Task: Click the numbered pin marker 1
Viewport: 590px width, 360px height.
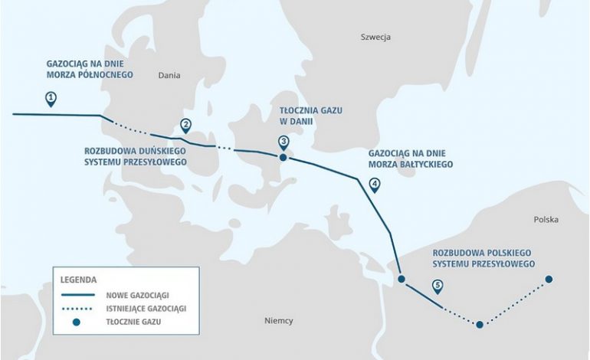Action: click(x=51, y=98)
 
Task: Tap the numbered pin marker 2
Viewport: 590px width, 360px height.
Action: click(x=185, y=126)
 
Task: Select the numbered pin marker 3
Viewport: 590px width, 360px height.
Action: click(x=284, y=142)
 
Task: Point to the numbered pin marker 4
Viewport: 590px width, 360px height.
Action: click(x=374, y=184)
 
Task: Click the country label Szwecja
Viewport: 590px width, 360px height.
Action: click(x=376, y=37)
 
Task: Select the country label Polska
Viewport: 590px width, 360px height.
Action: click(x=546, y=220)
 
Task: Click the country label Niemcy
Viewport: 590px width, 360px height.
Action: click(x=278, y=320)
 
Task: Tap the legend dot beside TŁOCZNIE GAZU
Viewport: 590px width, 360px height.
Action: click(x=76, y=322)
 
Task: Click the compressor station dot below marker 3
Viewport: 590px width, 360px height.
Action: click(x=284, y=157)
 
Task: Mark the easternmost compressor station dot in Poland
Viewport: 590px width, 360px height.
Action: click(x=549, y=280)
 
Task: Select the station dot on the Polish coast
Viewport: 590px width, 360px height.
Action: click(x=401, y=280)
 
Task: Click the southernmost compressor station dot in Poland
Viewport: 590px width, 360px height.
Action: click(x=480, y=325)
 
